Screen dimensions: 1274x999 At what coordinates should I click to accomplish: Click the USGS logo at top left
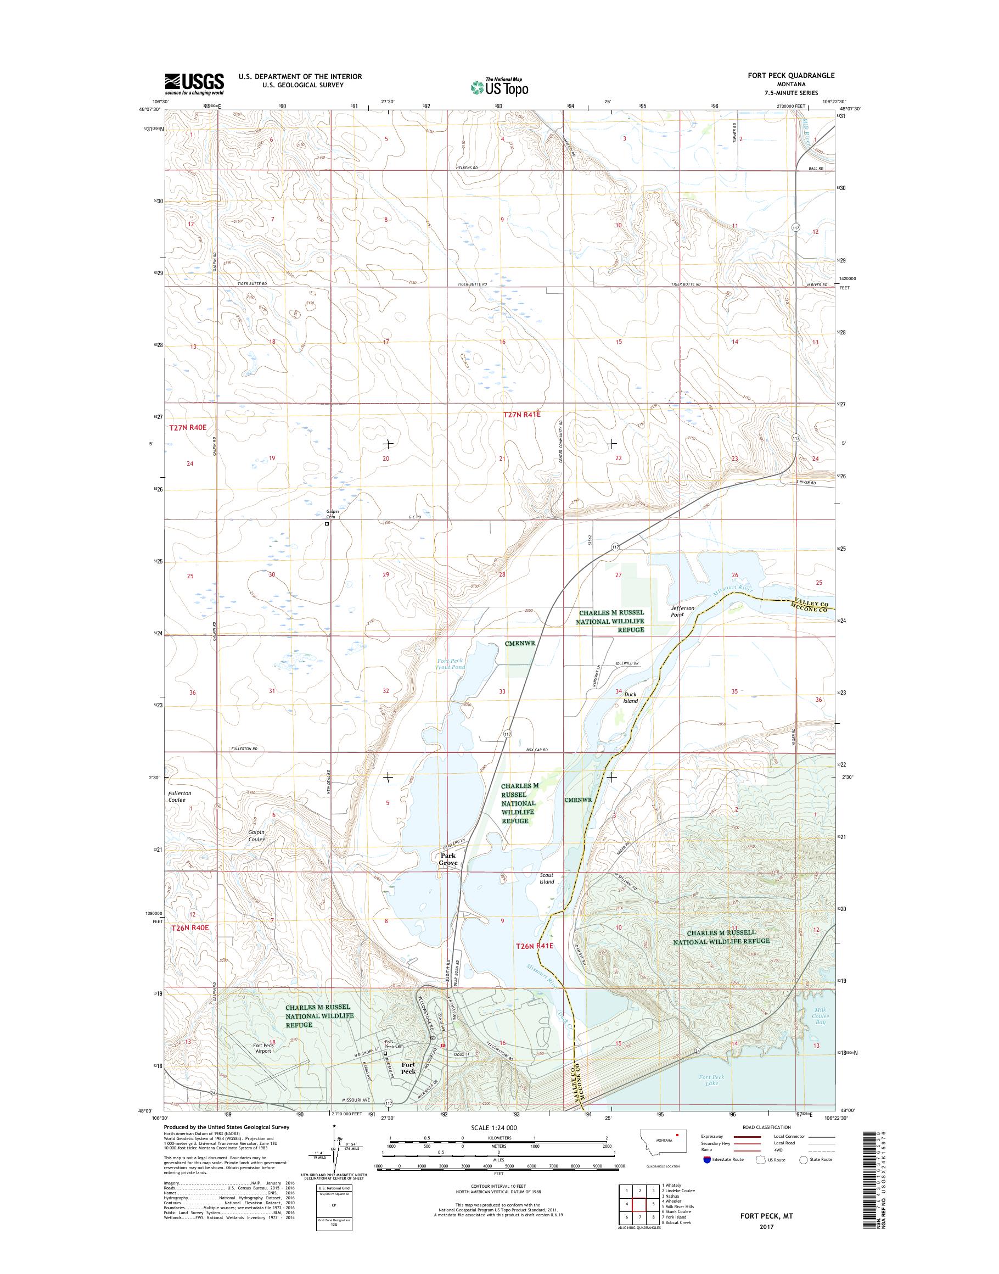pos(194,83)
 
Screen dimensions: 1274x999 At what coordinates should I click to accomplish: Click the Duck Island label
pos(630,697)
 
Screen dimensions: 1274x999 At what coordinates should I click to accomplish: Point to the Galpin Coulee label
pos(257,836)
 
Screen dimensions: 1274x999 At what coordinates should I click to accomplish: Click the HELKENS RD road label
pos(467,167)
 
